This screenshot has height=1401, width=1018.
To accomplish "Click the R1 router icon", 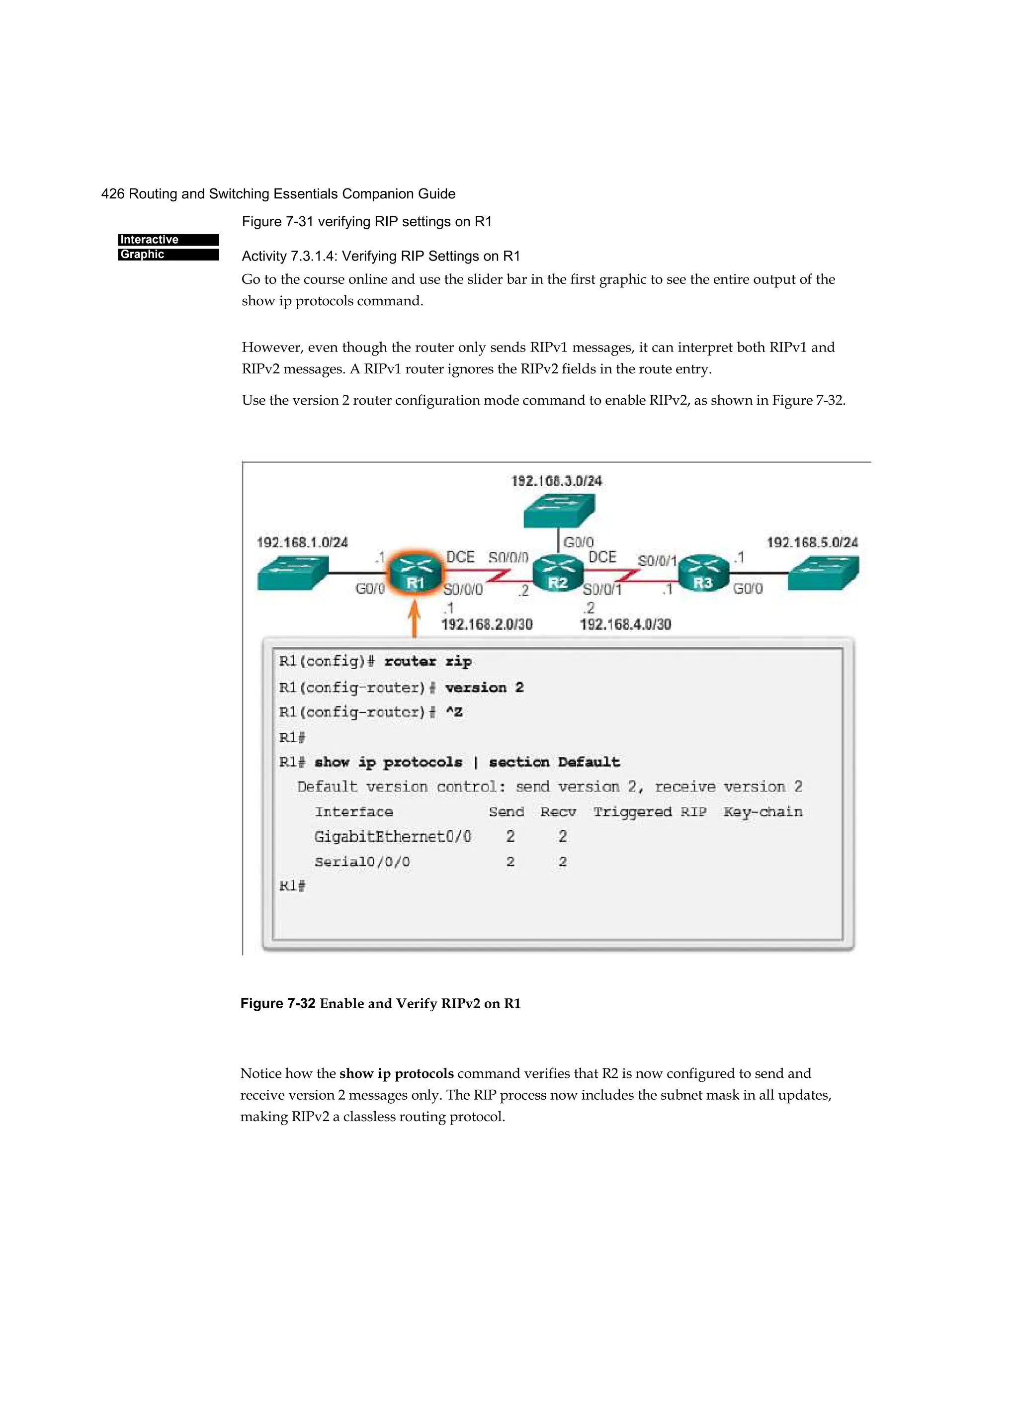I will (x=415, y=573).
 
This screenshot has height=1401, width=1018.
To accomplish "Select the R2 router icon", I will (x=558, y=574).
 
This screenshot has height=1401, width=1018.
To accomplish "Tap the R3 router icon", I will (x=703, y=573).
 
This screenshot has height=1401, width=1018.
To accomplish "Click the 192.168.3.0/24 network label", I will (x=557, y=481).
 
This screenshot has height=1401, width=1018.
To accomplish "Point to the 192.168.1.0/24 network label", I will (x=302, y=542).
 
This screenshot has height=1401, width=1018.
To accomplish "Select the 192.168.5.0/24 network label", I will (x=812, y=542).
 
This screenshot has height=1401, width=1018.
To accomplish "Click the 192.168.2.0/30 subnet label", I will (x=487, y=624).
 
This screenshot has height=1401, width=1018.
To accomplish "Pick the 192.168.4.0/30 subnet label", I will (x=625, y=624).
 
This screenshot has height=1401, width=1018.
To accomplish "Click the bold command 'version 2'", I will (x=484, y=688).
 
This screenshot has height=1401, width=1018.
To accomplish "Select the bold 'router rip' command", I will (x=427, y=662).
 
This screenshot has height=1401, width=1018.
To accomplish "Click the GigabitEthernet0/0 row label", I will (x=392, y=836).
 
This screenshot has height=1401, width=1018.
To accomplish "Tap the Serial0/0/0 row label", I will (x=362, y=862).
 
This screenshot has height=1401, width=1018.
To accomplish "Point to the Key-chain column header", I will (x=763, y=812).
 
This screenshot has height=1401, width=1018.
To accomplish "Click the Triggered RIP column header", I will (x=649, y=812).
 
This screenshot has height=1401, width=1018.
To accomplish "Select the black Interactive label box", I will (x=168, y=240).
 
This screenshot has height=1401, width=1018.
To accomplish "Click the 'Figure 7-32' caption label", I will (x=278, y=1003).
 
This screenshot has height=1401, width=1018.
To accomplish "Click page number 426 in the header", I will (x=112, y=194).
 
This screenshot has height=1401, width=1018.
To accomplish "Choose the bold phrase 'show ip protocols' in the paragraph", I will (x=396, y=1073).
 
